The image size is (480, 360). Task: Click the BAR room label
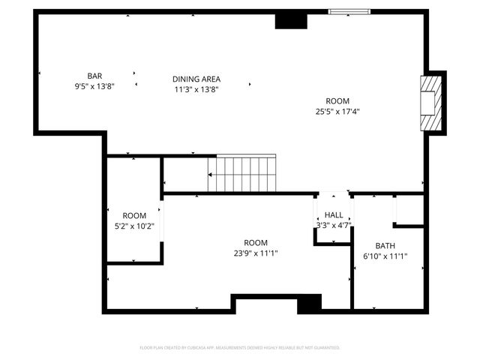click(x=94, y=76)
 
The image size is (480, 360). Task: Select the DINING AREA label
click(x=196, y=79)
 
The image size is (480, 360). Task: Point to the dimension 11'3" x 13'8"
click(x=196, y=88)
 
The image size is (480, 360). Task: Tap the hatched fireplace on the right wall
click(x=428, y=103)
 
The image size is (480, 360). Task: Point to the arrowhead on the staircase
click(x=211, y=175)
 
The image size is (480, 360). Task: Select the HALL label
click(x=334, y=215)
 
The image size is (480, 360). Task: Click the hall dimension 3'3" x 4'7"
click(x=334, y=225)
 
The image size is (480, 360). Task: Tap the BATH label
click(x=385, y=246)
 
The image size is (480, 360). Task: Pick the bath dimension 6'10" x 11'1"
click(x=385, y=256)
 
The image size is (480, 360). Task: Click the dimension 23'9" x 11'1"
click(x=256, y=253)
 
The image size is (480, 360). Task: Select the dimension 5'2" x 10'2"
click(x=134, y=226)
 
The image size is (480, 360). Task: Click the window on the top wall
click(x=349, y=12)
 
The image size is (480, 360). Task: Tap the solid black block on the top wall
click(x=291, y=20)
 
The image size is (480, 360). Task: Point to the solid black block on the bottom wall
click(x=309, y=303)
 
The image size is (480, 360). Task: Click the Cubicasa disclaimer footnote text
click(x=240, y=347)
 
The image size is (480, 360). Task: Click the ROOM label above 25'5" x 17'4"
click(x=337, y=101)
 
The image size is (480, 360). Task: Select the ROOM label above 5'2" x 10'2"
click(x=134, y=216)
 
